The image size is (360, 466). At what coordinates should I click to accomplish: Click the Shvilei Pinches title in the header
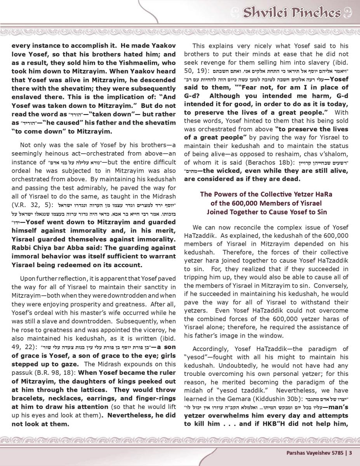[292, 13]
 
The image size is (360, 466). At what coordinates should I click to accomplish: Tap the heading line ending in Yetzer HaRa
[266, 194]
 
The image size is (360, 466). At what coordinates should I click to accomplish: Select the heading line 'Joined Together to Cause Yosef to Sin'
[266, 212]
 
